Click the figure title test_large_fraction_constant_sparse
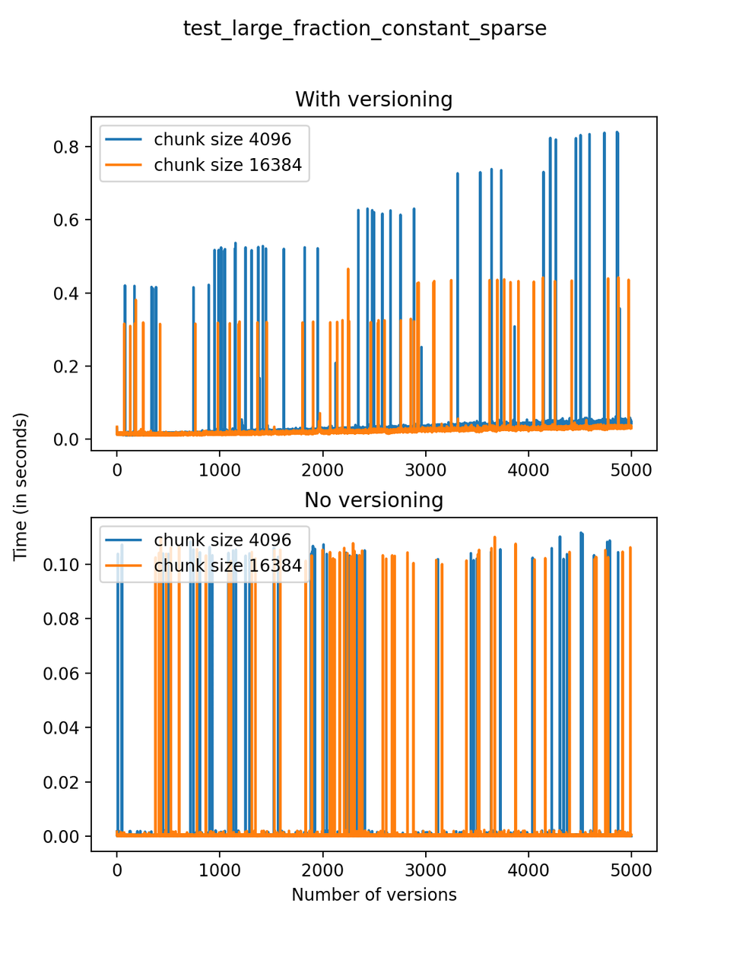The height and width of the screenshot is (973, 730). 365,29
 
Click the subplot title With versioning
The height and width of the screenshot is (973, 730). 373,100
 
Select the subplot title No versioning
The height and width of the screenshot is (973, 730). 373,500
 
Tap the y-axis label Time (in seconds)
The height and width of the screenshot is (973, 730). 21,486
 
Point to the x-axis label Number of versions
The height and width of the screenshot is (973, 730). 373,895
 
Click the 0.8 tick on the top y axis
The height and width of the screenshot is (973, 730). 66,147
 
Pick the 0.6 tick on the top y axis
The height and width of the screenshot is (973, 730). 66,220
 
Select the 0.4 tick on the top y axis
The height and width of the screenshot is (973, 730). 66,293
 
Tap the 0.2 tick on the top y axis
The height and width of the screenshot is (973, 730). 66,366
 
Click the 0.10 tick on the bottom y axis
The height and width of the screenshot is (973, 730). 61,565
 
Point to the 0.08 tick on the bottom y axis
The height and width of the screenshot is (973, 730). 61,619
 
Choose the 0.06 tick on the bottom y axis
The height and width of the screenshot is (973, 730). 61,673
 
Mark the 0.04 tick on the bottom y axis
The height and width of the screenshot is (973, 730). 61,727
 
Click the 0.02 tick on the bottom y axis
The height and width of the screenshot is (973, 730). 61,782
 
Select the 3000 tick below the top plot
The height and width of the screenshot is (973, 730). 425,470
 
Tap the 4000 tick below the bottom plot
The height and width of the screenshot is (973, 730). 528,870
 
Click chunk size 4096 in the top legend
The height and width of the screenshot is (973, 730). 222,139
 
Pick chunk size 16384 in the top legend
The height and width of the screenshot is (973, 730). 227,165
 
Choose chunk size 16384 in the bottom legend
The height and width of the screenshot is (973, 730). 227,566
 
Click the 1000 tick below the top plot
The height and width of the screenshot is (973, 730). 220,470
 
